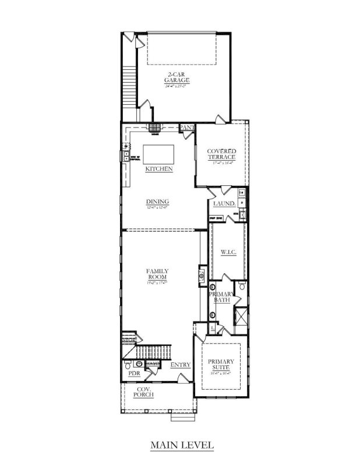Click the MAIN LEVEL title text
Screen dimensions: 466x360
coord(182,446)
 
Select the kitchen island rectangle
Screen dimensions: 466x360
coord(158,154)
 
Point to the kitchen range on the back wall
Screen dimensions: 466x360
coord(154,129)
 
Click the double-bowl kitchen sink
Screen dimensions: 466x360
coord(125,156)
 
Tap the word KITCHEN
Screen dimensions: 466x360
coord(158,169)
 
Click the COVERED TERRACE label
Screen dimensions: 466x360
coord(221,154)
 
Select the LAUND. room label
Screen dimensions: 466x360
coord(224,204)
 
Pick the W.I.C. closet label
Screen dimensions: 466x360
coord(227,252)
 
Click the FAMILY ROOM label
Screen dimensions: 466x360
coord(157,274)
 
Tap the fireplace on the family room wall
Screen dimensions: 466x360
coord(202,274)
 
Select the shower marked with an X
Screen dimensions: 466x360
coord(239,317)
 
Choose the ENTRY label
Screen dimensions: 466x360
coord(181,365)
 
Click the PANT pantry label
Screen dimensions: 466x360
coord(186,127)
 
